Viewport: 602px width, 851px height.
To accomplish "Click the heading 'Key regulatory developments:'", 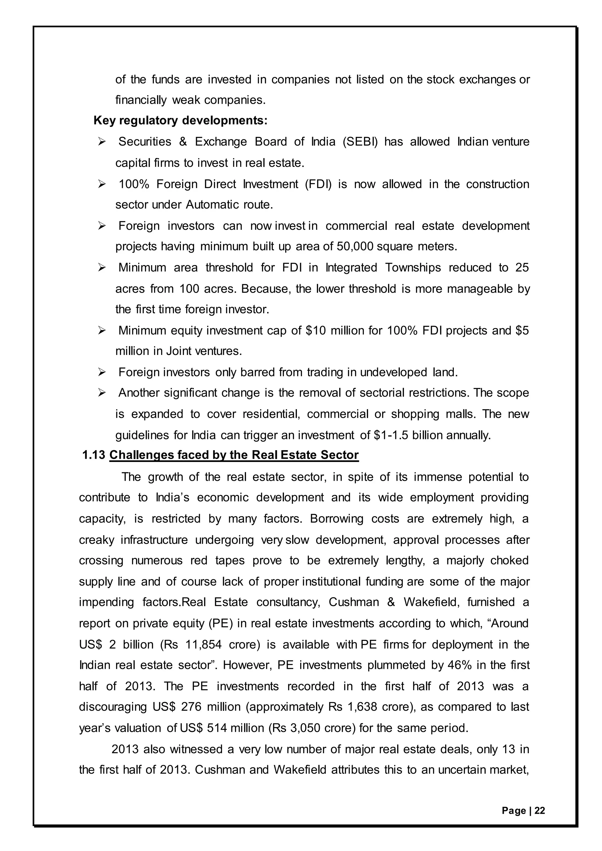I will [180, 120].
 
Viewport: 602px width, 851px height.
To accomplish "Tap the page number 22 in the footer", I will [540, 811].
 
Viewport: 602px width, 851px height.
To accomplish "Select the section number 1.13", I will [94, 455].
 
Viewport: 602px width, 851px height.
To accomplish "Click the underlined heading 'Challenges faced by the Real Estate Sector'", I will [234, 455].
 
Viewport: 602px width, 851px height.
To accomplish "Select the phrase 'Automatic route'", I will [229, 205].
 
